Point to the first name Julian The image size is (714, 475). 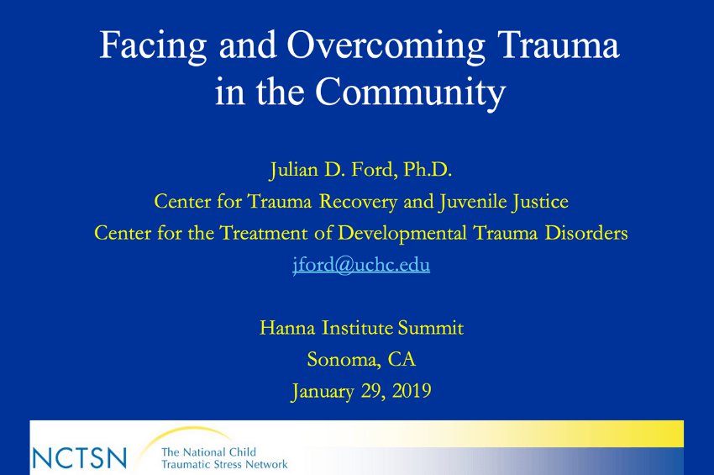[x=294, y=171]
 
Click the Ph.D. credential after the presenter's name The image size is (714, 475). [x=428, y=170]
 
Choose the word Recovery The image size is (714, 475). [x=358, y=202]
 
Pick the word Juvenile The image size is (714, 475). [x=472, y=202]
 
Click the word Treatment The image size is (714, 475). [x=264, y=233]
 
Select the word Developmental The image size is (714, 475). [x=402, y=234]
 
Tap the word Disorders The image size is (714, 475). [x=586, y=233]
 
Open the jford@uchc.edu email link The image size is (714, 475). [x=361, y=266]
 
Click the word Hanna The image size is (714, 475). [x=287, y=328]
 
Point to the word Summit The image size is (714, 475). [x=431, y=328]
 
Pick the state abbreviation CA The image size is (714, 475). [x=402, y=359]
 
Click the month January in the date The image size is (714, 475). [x=323, y=392]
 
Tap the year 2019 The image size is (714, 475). [x=412, y=391]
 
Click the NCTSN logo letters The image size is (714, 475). [x=79, y=457]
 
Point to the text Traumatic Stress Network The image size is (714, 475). [x=224, y=465]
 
